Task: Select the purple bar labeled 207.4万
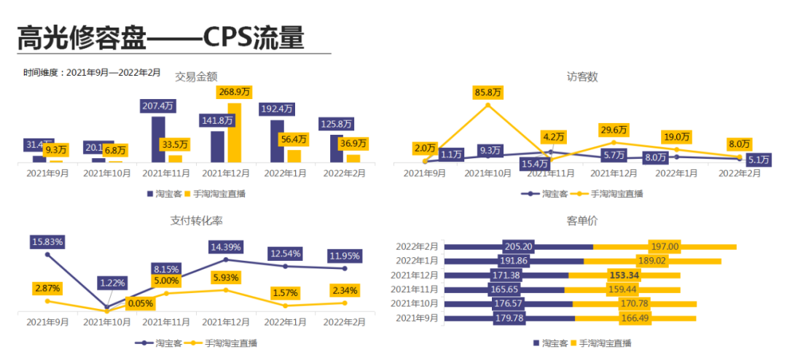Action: [158, 139]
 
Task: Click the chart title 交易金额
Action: [196, 77]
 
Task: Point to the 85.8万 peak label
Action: [488, 93]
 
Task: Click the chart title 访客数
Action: [582, 77]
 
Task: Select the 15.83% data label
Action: [47, 241]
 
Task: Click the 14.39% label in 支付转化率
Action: [226, 247]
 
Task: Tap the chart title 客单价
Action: [582, 221]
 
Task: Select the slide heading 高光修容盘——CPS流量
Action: [160, 37]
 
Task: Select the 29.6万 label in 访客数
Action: [613, 130]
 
